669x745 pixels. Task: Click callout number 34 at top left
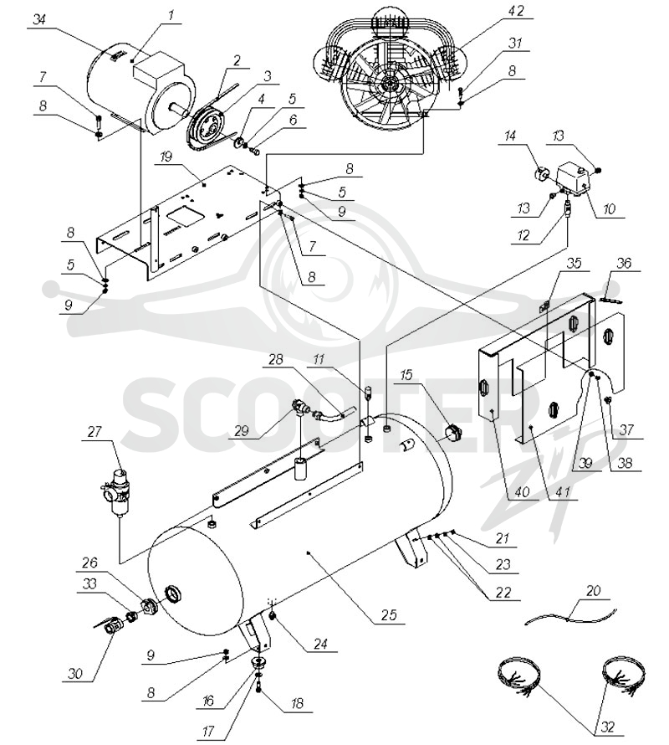pos(40,20)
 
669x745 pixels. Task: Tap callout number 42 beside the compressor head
pos(515,11)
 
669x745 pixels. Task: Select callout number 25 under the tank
pos(388,615)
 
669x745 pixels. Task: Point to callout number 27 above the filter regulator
pos(94,431)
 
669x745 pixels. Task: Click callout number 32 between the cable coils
pos(607,727)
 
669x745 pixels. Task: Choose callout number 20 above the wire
pos(594,591)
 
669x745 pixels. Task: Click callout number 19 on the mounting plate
pos(166,157)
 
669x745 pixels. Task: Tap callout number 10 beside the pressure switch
pos(609,208)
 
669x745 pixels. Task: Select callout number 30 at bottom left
pos(75,673)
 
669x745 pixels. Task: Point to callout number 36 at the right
pos(624,263)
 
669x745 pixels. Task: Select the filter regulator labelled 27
pos(115,491)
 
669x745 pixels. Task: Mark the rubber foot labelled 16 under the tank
pos(258,662)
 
